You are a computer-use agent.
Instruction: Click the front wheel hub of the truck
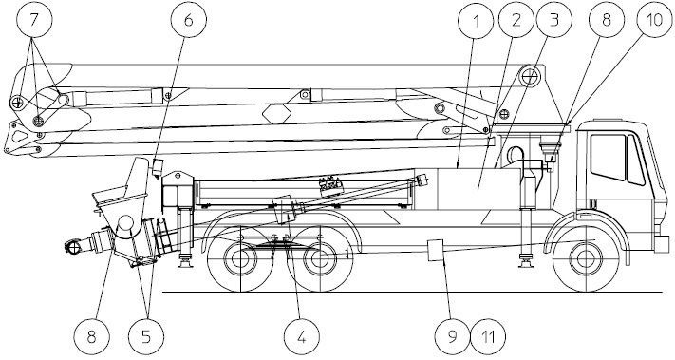585,258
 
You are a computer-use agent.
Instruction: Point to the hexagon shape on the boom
277,113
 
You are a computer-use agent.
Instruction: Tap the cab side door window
608,157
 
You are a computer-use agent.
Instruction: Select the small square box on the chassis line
435,250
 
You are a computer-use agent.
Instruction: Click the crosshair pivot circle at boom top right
529,77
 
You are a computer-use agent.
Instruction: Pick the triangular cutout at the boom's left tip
18,135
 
